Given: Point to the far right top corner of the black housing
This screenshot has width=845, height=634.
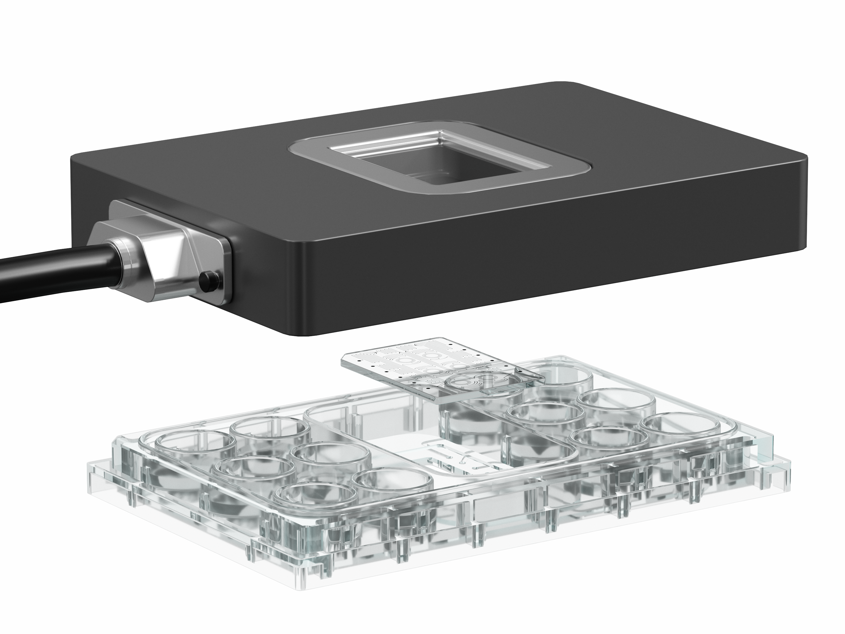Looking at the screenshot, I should point(804,157).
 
